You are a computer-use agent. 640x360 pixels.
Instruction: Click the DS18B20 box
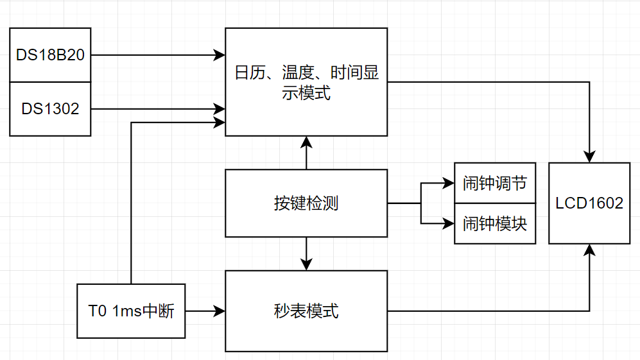pos(50,55)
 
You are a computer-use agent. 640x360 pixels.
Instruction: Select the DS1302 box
pos(50,109)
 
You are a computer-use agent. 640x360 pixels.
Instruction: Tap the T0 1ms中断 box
pos(131,311)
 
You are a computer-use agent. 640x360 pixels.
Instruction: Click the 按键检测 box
pos(306,203)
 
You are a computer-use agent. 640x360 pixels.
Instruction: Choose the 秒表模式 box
pos(306,311)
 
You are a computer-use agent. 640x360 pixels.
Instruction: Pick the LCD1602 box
pos(589,203)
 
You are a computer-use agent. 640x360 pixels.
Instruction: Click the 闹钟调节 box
pos(495,183)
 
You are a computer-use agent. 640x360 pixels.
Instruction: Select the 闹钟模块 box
pos(495,223)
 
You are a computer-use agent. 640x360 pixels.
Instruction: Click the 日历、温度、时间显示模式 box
pos(306,82)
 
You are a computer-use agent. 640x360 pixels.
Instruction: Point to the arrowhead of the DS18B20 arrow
pos(220,55)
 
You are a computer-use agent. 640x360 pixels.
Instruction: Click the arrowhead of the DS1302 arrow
pos(220,109)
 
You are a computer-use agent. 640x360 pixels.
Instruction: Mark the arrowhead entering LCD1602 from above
pos(589,157)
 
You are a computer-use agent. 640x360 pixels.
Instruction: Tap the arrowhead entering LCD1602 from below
pos(589,250)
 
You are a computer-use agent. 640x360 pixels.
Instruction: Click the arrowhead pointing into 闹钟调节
pos(449,183)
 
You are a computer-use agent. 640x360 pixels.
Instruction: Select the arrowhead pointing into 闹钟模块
pos(449,223)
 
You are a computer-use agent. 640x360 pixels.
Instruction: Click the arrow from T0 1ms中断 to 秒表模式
pos(205,311)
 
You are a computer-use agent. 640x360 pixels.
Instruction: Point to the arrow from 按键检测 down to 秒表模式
pos(307,253)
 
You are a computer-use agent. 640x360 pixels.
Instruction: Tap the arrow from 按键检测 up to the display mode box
pos(307,153)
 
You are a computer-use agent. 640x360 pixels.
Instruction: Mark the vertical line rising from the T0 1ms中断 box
pos(131,205)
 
